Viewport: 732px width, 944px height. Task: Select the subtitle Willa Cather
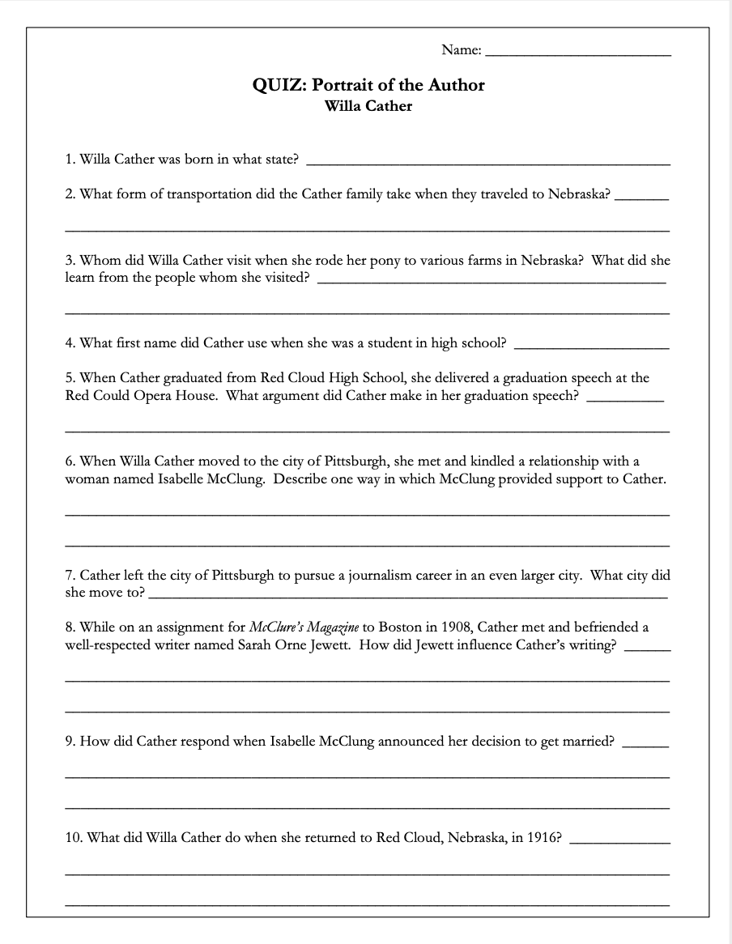click(x=368, y=106)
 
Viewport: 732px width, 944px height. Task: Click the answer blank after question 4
click(x=592, y=347)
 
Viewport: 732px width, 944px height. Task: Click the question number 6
click(x=70, y=461)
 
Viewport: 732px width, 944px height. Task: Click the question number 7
click(x=70, y=576)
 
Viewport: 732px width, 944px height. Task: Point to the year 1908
click(x=455, y=627)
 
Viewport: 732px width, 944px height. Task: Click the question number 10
click(x=73, y=837)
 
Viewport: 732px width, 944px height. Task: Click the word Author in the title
click(x=457, y=85)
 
